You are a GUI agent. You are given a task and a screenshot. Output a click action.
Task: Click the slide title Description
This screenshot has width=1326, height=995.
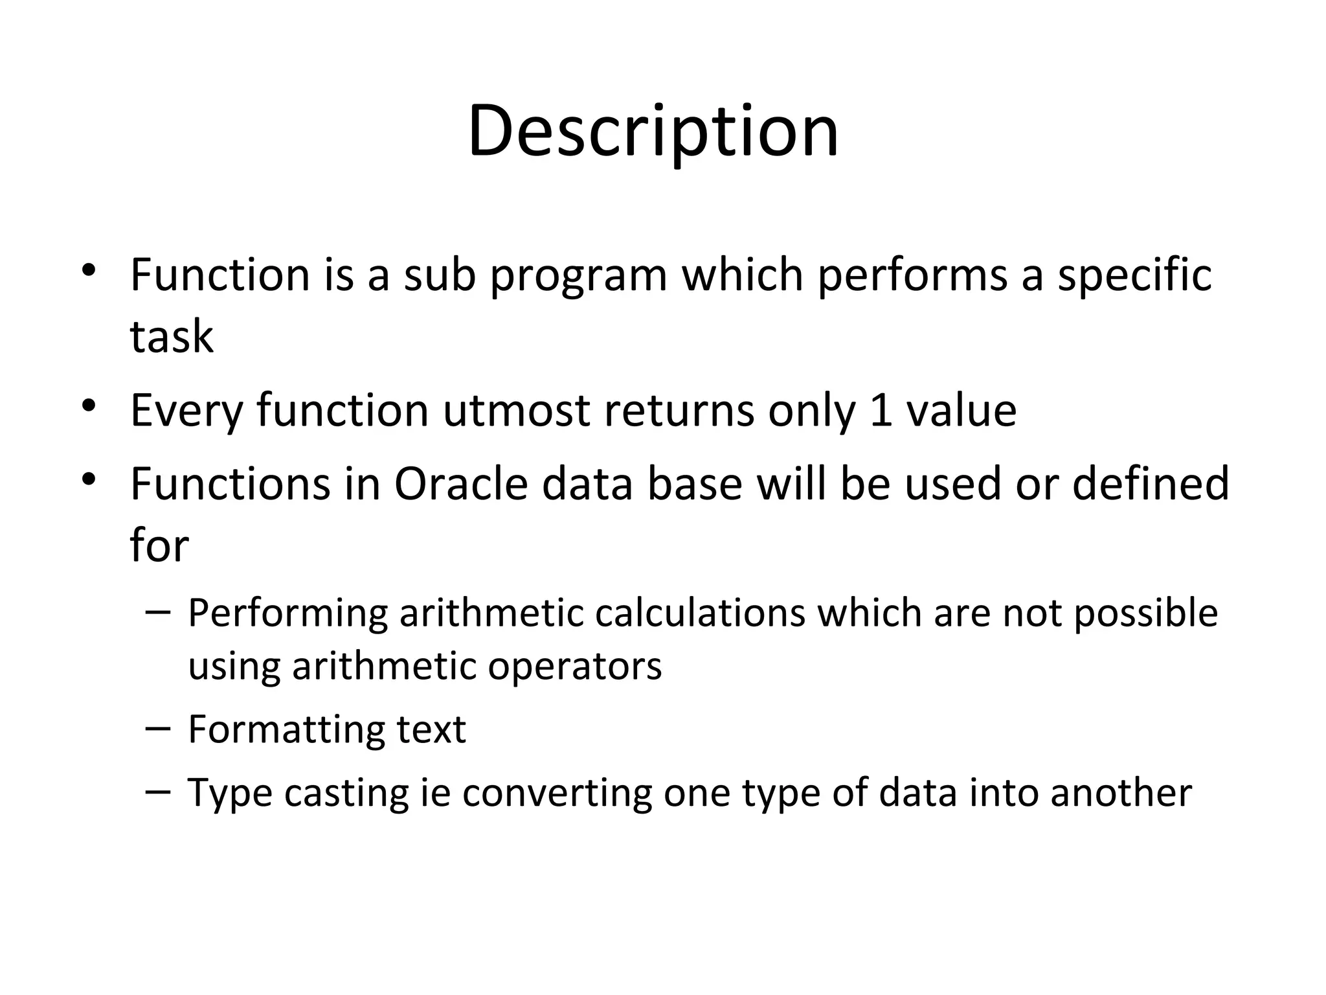click(x=653, y=133)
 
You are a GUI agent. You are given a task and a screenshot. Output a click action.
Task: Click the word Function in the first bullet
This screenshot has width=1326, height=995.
click(x=220, y=275)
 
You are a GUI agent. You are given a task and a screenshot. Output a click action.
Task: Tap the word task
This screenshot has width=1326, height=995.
click(x=172, y=337)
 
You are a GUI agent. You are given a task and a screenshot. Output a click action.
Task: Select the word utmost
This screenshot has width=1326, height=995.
click(x=516, y=410)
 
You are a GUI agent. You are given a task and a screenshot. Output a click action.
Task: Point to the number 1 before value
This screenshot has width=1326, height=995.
click(x=881, y=410)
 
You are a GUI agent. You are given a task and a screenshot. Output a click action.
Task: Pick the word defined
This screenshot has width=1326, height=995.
click(x=1151, y=484)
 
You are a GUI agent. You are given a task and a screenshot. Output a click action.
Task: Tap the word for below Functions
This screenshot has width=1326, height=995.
click(x=159, y=545)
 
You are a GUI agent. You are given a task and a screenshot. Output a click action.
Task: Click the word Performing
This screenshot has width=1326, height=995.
click(x=287, y=613)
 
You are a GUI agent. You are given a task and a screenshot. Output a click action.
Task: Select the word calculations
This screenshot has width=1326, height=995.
click(x=700, y=613)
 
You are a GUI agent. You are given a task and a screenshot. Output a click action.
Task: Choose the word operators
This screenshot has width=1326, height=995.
click(x=574, y=666)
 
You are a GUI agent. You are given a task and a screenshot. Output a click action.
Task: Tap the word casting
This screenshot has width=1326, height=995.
click(x=346, y=793)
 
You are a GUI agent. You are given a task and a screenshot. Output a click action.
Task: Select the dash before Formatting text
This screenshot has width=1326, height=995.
click(x=159, y=727)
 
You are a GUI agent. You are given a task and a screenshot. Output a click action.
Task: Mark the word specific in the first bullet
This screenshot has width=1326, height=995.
click(x=1134, y=275)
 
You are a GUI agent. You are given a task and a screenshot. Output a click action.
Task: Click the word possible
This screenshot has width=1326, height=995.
click(x=1145, y=613)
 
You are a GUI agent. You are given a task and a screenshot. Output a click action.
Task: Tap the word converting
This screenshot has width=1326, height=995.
click(x=557, y=793)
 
